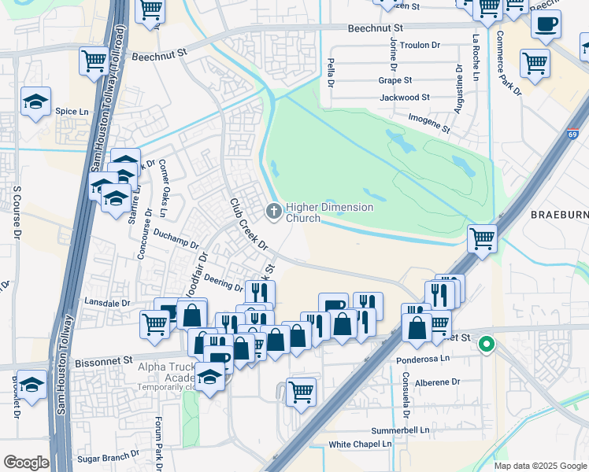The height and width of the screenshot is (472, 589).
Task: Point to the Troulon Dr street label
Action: [420, 45]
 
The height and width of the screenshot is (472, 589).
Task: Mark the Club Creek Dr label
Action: [248, 224]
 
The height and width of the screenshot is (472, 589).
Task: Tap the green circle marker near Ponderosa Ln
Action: [487, 344]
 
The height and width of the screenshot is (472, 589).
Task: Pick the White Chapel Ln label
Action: [360, 444]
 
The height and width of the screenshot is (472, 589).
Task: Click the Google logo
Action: [26, 463]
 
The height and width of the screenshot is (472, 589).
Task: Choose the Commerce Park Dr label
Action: [509, 65]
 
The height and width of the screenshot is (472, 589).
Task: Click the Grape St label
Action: [395, 80]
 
